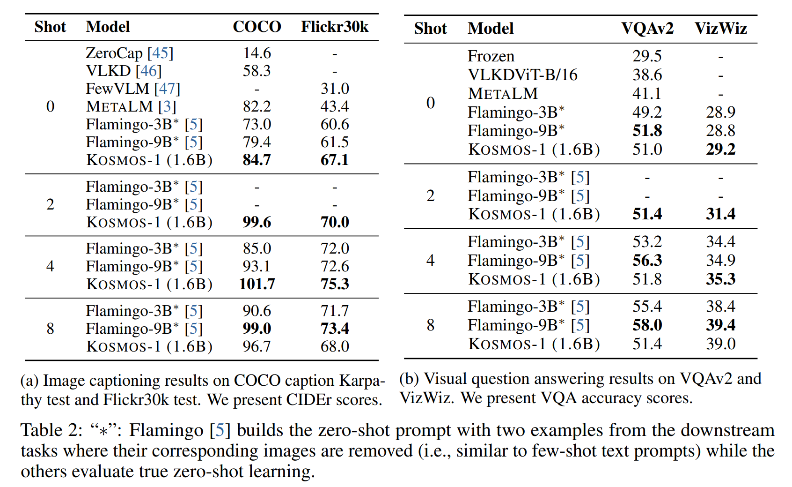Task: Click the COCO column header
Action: pyautogui.click(x=257, y=27)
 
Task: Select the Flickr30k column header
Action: pyautogui.click(x=334, y=27)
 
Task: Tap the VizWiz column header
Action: pyautogui.click(x=720, y=28)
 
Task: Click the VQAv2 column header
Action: pyautogui.click(x=647, y=28)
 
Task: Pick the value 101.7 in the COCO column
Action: pyautogui.click(x=257, y=284)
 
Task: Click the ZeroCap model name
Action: pyautogui.click(x=114, y=53)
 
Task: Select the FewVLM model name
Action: pyautogui.click(x=117, y=89)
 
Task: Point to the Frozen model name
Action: pyautogui.click(x=491, y=56)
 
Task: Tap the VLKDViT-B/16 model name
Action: pyautogui.click(x=522, y=75)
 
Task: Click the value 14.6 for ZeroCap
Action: pyautogui.click(x=257, y=53)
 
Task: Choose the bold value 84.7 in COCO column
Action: pyautogui.click(x=257, y=160)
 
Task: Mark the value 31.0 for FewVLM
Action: pyautogui.click(x=335, y=89)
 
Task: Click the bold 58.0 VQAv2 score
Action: pyautogui.click(x=647, y=325)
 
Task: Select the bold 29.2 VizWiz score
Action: pyautogui.click(x=720, y=150)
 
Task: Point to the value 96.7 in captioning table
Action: pyautogui.click(x=257, y=346)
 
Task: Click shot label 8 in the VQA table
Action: pyautogui.click(x=430, y=325)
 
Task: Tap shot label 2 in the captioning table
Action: pyautogui.click(x=50, y=204)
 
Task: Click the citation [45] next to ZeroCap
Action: pyautogui.click(x=160, y=53)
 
